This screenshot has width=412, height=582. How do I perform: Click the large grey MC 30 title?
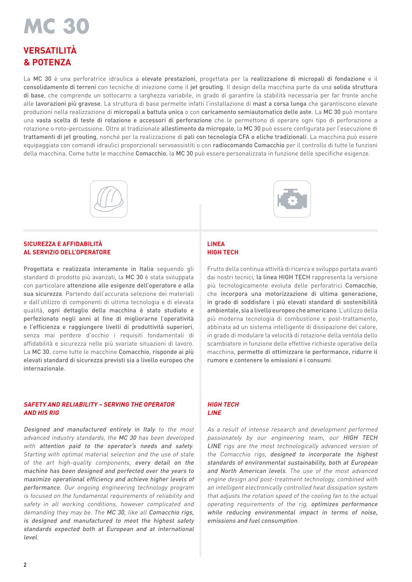pos(56,26)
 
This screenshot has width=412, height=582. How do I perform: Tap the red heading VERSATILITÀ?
pos(50,51)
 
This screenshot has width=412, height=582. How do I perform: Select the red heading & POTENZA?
pos(47,63)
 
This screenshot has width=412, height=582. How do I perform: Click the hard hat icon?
pos(109,199)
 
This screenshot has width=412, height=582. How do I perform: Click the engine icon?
pos(292,199)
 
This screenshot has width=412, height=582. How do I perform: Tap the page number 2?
pos(25,565)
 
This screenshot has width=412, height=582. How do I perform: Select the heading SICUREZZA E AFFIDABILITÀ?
pos(63,244)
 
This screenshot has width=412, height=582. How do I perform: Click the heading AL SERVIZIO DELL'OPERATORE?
pos(67,252)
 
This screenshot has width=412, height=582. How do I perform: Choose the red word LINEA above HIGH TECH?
pos(216,244)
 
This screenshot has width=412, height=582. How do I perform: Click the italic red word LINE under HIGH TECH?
pos(214,413)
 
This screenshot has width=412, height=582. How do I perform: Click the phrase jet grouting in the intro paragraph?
pos(206,87)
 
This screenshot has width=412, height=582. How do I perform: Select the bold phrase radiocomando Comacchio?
pos(248,145)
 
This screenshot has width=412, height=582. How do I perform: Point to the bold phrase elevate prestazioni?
pos(169,79)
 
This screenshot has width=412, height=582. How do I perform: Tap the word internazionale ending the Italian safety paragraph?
pos(44,369)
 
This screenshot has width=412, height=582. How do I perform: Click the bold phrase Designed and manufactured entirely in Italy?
pos(89,429)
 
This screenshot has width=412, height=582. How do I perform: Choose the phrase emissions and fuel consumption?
pos(252,521)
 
